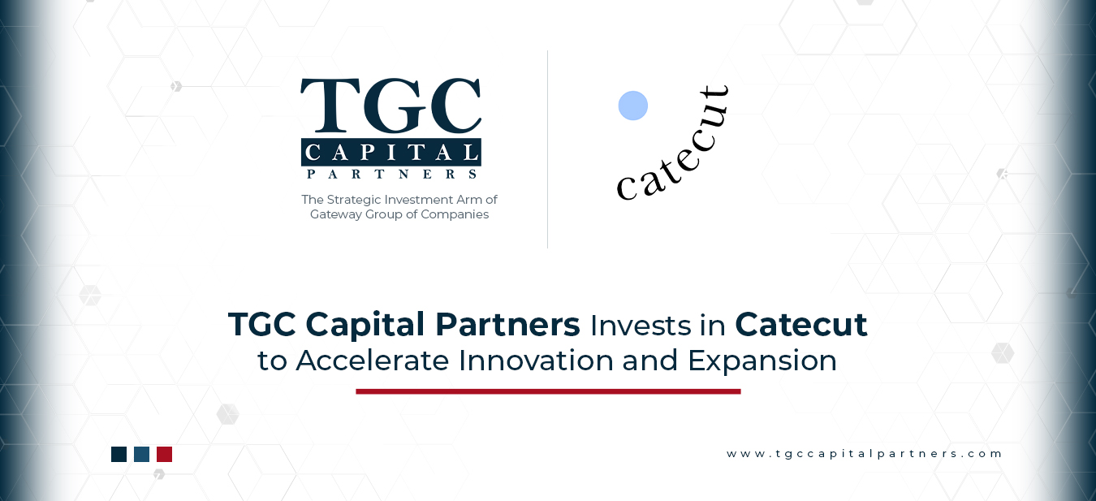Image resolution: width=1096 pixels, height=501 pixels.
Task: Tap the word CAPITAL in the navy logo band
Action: (x=391, y=152)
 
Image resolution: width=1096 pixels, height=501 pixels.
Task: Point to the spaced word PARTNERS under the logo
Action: (x=391, y=173)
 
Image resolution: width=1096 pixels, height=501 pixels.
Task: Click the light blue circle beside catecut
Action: (x=633, y=106)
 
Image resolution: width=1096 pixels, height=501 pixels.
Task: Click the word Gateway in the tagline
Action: (x=337, y=214)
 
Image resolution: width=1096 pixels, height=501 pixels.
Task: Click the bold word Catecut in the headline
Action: (x=801, y=325)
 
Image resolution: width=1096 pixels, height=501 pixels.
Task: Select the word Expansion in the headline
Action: (x=762, y=361)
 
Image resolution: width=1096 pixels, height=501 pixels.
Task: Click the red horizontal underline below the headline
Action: (x=548, y=391)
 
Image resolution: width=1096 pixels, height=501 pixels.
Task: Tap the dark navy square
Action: (x=119, y=454)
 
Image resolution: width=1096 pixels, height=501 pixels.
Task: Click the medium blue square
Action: (x=141, y=454)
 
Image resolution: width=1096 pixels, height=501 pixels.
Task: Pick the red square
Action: (x=164, y=454)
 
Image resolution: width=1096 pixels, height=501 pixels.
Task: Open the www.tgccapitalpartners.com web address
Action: (x=865, y=454)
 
